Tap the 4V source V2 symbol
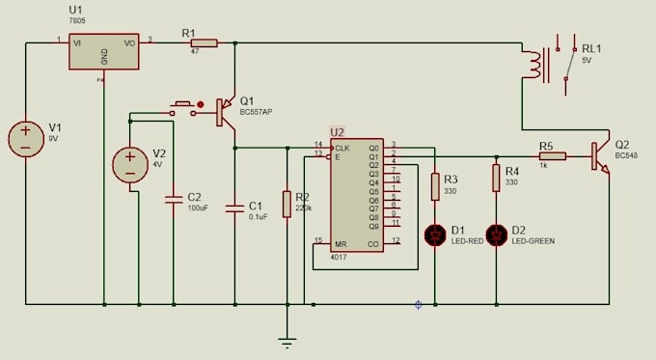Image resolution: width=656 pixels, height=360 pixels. click(x=129, y=165)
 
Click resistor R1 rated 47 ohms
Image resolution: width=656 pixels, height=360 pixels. click(x=204, y=42)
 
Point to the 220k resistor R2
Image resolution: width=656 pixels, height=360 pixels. click(x=287, y=204)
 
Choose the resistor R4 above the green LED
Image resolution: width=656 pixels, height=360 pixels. click(x=497, y=178)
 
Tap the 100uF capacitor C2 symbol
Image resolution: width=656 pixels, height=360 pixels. click(x=174, y=200)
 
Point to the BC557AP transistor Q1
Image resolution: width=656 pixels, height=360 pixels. click(x=228, y=112)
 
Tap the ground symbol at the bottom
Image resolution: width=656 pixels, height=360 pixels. click(x=287, y=339)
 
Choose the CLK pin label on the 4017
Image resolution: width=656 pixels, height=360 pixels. click(x=342, y=148)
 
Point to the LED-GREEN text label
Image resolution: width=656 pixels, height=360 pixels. click(x=534, y=240)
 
